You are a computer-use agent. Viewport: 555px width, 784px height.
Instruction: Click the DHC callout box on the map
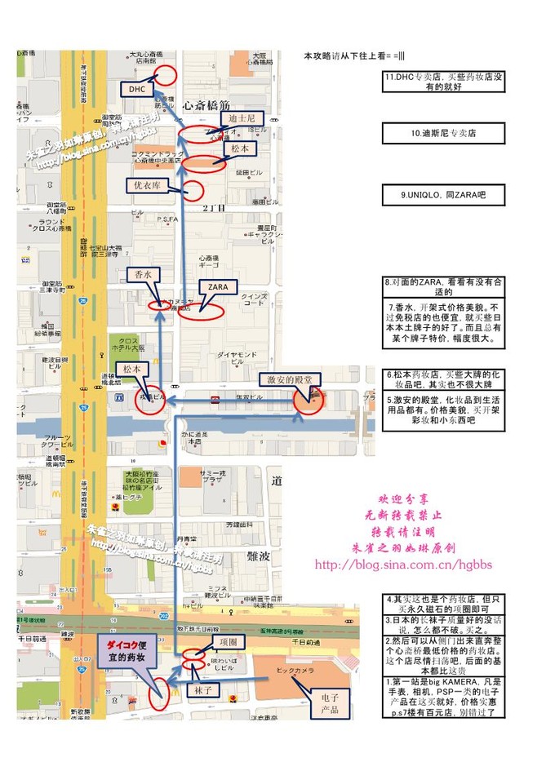point(136,88)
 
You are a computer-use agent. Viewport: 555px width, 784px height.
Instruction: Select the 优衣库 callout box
point(150,185)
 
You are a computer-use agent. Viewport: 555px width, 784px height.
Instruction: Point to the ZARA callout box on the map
point(218,287)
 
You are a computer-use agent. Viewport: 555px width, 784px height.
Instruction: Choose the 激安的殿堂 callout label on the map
point(290,380)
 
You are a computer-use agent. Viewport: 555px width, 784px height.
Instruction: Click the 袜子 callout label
point(202,690)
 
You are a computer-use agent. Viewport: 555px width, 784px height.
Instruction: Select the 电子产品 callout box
point(331,702)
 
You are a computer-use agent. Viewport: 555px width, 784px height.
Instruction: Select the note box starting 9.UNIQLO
point(443,195)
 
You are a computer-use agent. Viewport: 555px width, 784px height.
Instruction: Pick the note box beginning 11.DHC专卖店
point(443,82)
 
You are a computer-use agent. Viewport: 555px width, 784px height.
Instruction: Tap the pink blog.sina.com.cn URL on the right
point(397,565)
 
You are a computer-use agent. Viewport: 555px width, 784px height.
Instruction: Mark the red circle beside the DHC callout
point(166,75)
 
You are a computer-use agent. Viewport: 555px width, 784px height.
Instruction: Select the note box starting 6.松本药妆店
point(443,379)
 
